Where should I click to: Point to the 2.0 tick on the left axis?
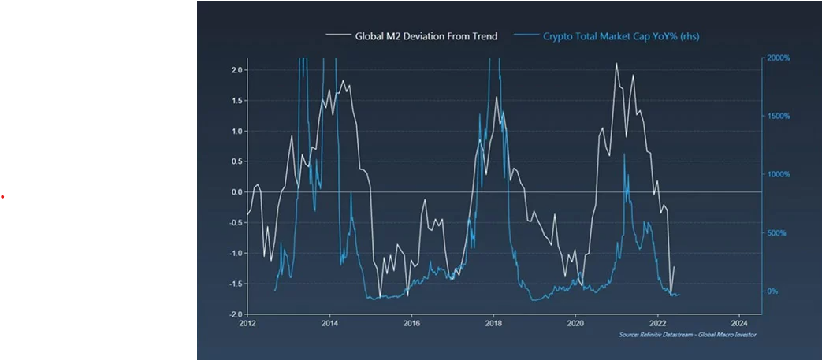coord(236,70)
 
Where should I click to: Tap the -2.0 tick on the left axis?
coord(234,314)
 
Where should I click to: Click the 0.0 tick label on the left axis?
coord(236,192)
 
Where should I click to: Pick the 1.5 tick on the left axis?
coord(236,101)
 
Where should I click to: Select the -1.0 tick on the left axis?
coord(234,253)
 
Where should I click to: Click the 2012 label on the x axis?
coord(247,323)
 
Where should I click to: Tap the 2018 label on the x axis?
coord(493,323)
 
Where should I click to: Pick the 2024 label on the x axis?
coord(739,323)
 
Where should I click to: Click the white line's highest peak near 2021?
coord(616,64)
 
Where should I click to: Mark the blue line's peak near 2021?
coord(624,154)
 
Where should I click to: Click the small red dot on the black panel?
coord(3,196)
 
